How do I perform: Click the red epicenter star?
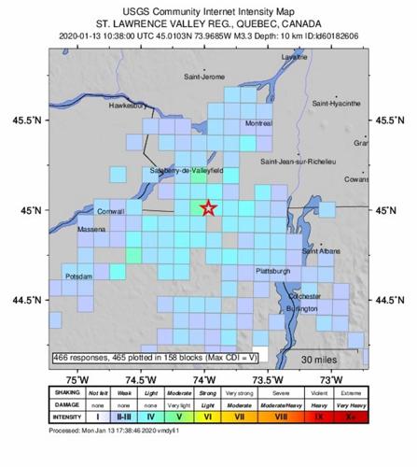(208, 209)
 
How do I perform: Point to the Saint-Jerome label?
(204, 75)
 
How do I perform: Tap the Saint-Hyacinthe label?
(335, 100)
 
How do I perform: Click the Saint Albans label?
(321, 250)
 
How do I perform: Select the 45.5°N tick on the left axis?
(28, 120)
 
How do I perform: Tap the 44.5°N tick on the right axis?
(387, 300)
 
